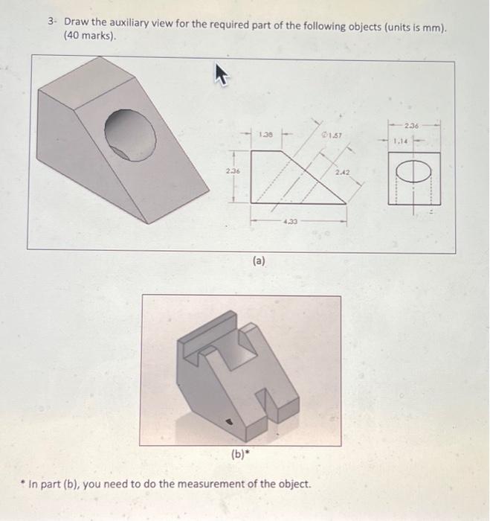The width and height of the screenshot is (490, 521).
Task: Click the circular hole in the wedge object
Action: pos(130,134)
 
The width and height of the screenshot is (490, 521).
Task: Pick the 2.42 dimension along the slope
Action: pos(341,173)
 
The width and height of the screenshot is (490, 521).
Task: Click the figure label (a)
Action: pos(257,261)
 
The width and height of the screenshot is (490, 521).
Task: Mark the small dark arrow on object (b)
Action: pos(229,421)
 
